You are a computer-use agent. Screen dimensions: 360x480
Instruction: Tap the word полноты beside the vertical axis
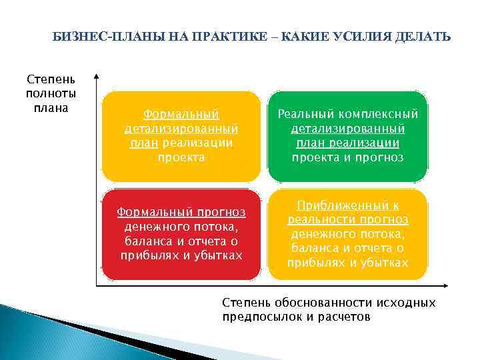tap(51, 93)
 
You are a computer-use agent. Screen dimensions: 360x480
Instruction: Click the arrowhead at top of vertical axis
tap(97, 77)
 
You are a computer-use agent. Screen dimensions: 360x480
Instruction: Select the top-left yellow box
tap(181, 137)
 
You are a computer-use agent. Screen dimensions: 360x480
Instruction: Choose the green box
tap(347, 137)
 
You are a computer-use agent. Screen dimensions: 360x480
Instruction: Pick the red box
tap(181, 235)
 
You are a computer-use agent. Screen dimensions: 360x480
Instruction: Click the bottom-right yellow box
tap(347, 235)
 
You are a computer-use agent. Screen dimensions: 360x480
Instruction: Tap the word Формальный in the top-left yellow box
tap(181, 114)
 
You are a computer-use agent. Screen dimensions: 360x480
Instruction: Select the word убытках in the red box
tap(219, 255)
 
